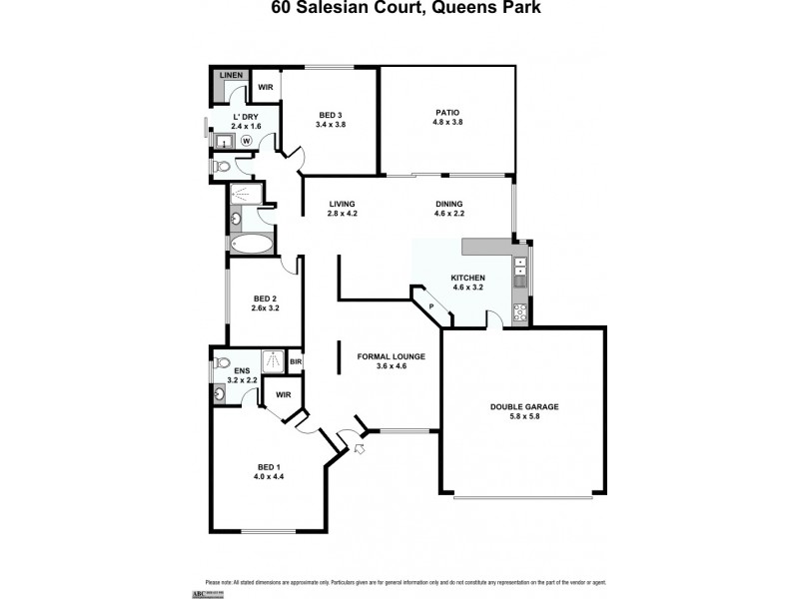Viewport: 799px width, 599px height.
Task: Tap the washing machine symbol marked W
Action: tap(245, 141)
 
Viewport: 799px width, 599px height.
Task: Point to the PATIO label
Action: tap(446, 112)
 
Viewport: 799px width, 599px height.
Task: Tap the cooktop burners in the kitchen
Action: tap(519, 311)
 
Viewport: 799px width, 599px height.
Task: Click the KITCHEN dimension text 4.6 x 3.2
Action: tap(467, 287)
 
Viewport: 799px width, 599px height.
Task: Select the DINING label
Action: tap(448, 204)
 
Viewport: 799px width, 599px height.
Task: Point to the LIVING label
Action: tap(343, 204)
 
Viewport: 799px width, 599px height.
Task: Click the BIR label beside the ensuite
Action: tap(296, 361)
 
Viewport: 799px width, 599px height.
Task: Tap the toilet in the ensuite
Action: tap(223, 362)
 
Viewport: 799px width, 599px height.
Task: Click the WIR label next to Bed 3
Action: tap(266, 87)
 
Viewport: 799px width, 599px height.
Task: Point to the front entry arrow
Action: tap(359, 451)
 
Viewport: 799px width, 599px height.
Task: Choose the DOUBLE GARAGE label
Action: tap(523, 406)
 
